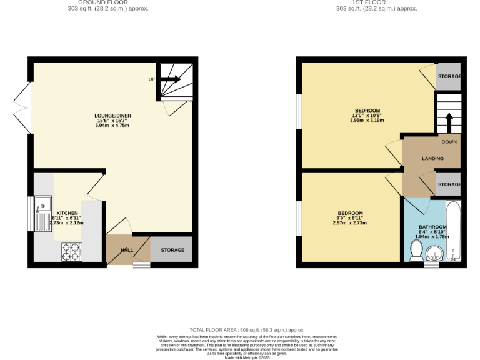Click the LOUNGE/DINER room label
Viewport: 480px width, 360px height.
(x=112, y=116)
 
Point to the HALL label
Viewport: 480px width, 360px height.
(x=127, y=250)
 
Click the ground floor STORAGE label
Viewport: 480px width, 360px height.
(x=172, y=250)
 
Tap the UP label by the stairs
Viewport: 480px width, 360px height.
(x=151, y=80)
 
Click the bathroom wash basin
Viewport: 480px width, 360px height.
(x=435, y=254)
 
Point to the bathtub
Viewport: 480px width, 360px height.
(x=453, y=231)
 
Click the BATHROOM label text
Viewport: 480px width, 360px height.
(x=432, y=227)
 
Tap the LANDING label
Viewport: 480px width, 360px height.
(x=432, y=159)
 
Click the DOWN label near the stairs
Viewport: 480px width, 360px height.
(x=449, y=142)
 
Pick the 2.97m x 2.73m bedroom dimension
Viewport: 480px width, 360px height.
(x=350, y=223)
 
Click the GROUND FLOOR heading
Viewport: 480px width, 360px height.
(x=108, y=2)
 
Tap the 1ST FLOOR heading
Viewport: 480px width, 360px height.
(x=376, y=2)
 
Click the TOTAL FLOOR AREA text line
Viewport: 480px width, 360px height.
(x=247, y=329)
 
